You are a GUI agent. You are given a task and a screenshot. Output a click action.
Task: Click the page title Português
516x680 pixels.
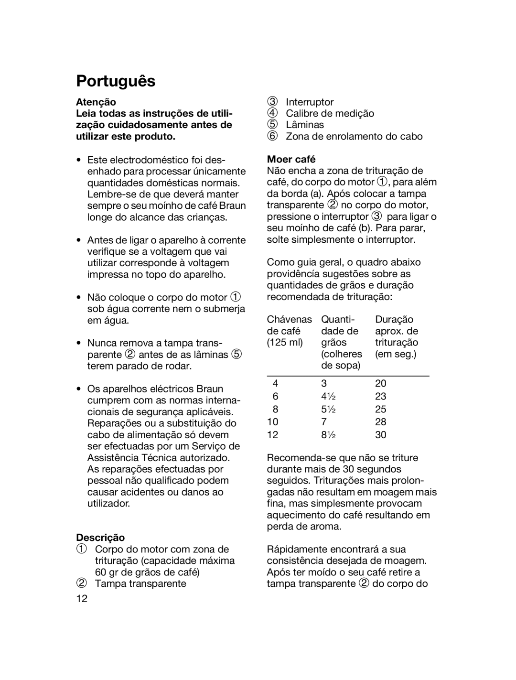[116, 81]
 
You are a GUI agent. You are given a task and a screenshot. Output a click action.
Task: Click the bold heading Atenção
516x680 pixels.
[96, 102]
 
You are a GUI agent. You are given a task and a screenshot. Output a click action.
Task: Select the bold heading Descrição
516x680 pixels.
[100, 538]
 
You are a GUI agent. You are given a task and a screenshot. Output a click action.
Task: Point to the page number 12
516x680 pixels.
[82, 599]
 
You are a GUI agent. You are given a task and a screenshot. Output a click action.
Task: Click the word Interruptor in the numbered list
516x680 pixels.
[310, 102]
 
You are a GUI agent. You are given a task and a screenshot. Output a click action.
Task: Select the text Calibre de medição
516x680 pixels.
[330, 113]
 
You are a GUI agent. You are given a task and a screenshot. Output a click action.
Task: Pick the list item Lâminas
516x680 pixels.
[305, 125]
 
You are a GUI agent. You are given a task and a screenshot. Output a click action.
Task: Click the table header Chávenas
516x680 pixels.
[289, 319]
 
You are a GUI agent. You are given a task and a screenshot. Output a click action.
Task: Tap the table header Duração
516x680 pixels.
[394, 319]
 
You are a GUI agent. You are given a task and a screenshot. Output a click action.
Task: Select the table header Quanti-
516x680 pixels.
[337, 319]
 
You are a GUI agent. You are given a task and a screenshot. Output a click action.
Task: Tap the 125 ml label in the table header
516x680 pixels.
[285, 343]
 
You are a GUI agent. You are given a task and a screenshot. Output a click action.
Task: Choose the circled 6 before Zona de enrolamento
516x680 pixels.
[272, 136]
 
